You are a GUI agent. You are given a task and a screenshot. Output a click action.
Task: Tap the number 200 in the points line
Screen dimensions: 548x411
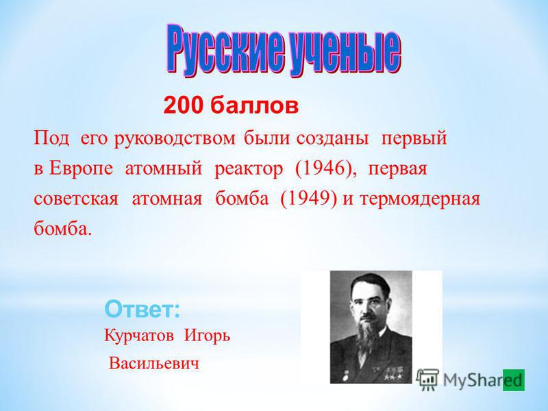[x=183, y=105]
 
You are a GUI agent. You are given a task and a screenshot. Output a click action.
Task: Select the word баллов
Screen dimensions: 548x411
[x=254, y=105]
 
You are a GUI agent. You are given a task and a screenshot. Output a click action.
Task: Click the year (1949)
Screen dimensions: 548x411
[x=309, y=199]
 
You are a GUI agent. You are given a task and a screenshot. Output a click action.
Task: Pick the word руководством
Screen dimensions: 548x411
[x=175, y=139]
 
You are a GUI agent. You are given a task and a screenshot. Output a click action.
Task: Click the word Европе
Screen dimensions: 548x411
[x=81, y=169]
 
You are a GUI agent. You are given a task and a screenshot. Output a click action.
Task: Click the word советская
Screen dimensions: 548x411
[x=76, y=199]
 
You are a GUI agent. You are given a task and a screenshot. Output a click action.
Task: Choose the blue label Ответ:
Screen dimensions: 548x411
[x=142, y=309]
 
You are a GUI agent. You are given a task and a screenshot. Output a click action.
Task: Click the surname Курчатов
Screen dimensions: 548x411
[x=139, y=336]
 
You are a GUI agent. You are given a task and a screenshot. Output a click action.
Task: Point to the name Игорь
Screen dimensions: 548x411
[x=208, y=336]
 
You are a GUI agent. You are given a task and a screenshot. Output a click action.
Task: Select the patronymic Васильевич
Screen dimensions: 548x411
[x=154, y=364]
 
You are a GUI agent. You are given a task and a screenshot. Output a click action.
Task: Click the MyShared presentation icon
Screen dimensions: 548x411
[x=427, y=379]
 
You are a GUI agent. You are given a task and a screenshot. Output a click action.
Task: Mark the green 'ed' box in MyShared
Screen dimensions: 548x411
[x=513, y=380]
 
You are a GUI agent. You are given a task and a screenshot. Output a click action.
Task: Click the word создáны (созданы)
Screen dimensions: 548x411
[x=332, y=139]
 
